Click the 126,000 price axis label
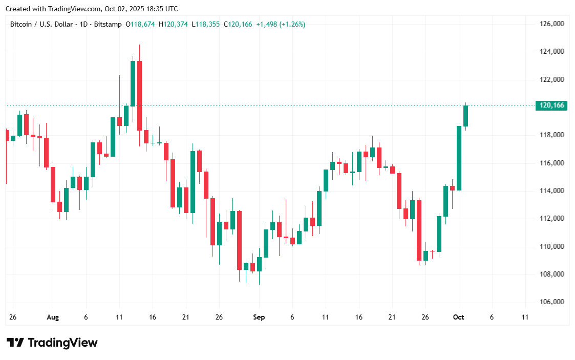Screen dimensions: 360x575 tap(552, 24)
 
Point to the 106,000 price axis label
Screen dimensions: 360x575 tap(552, 302)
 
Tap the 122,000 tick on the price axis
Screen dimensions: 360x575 tap(552, 79)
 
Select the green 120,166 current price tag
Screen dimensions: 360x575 tap(552, 105)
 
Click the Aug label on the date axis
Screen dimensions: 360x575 tap(53, 317)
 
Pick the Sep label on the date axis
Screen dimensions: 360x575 tap(259, 317)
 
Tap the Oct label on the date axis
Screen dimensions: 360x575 tap(458, 317)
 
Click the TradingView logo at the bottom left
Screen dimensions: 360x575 tap(52, 343)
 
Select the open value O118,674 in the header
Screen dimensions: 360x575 tap(140, 24)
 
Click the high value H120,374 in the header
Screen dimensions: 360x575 tap(173, 24)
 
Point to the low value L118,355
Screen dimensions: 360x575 tap(206, 24)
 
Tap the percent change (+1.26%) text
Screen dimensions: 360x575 tap(292, 24)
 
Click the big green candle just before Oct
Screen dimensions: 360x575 tap(459, 158)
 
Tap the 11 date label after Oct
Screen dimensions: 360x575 tap(525, 317)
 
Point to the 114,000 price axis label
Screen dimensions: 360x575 tap(552, 190)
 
